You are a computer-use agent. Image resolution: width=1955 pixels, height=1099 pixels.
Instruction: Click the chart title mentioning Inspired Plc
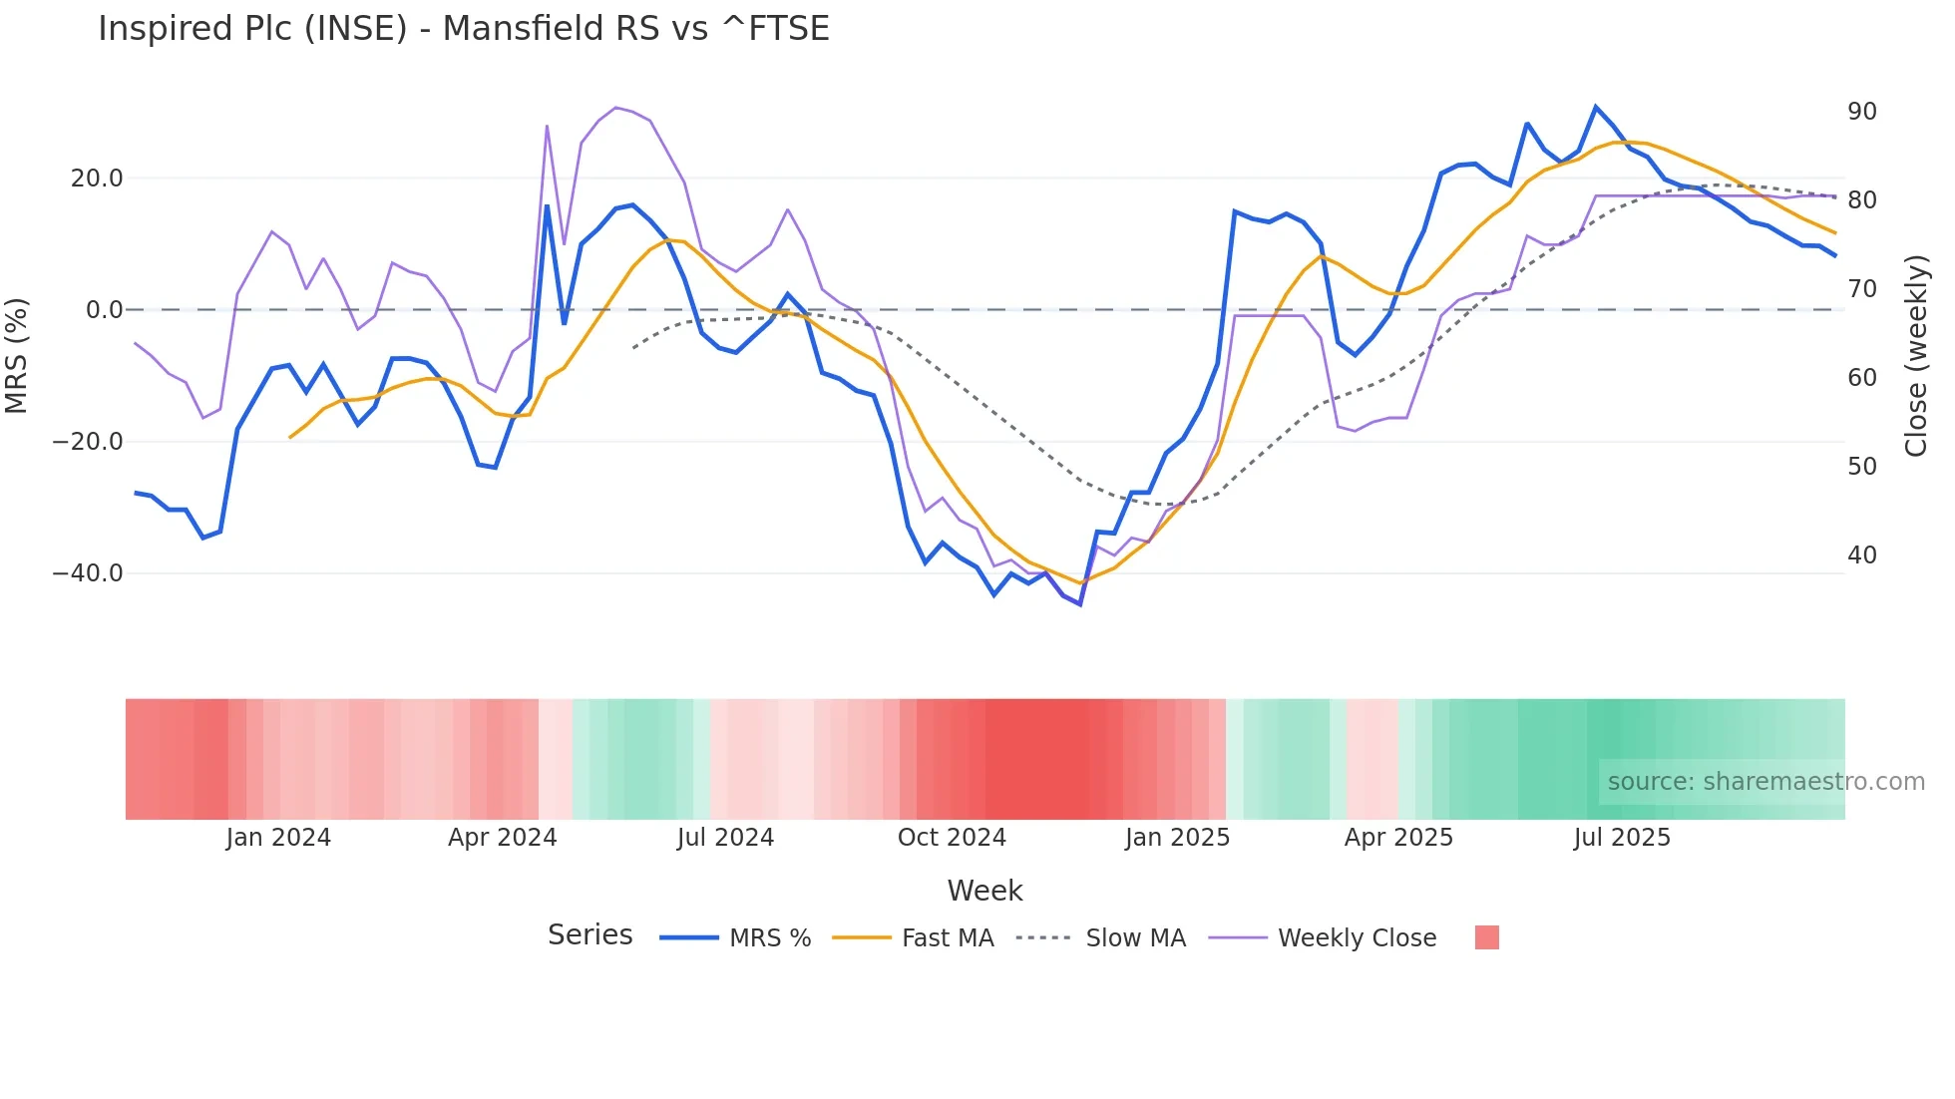(x=463, y=28)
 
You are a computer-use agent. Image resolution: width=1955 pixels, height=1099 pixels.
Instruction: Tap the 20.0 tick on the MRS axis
(x=97, y=179)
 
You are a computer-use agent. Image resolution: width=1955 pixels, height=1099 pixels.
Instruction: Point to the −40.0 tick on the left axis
(x=88, y=573)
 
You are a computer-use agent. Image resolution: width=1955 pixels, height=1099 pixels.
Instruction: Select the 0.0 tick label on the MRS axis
(x=104, y=310)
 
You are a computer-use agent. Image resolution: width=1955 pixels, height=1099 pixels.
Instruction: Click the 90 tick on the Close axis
(x=1861, y=112)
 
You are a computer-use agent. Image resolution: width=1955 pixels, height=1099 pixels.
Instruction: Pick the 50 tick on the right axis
(x=1861, y=467)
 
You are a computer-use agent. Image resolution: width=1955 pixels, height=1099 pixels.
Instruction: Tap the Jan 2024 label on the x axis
(x=278, y=838)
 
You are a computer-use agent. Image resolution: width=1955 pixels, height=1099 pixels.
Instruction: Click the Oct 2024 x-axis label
(x=952, y=838)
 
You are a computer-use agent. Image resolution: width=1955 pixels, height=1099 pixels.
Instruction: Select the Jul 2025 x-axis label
(x=1622, y=838)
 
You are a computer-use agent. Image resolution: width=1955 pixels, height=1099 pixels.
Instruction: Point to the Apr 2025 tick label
(x=1398, y=838)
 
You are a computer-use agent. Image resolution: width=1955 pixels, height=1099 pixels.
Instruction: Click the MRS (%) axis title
(x=17, y=356)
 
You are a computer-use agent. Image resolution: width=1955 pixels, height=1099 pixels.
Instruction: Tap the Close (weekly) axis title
(x=1915, y=356)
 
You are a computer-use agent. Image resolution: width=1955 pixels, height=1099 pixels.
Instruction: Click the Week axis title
(x=984, y=891)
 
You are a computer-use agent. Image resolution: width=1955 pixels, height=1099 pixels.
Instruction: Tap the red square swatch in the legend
(x=1486, y=937)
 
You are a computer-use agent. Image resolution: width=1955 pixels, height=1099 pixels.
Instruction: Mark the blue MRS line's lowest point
(x=1080, y=604)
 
